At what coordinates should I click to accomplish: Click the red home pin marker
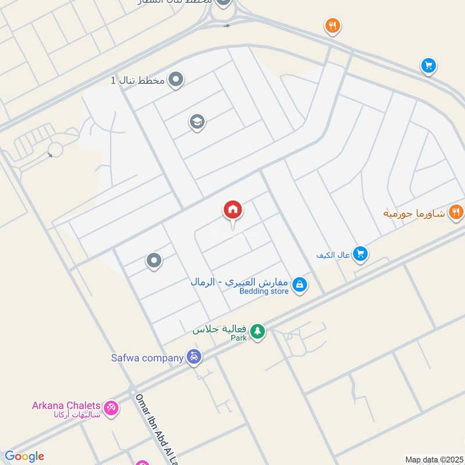tap(233, 210)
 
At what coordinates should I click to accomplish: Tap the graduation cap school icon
tap(197, 122)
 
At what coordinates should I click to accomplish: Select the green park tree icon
tap(257, 332)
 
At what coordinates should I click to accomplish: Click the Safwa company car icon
tap(194, 357)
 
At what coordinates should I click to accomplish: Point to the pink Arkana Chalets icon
tap(111, 407)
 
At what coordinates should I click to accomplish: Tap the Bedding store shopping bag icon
tap(299, 285)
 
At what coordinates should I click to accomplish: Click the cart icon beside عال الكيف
tap(360, 254)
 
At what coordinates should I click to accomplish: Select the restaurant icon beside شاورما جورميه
tap(456, 212)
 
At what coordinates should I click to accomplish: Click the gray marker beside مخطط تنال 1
tap(176, 80)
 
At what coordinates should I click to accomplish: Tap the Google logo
tap(24, 456)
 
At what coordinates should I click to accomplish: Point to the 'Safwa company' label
tap(148, 357)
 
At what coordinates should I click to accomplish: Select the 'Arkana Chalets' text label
tap(66, 405)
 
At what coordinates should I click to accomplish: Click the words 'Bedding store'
tap(264, 291)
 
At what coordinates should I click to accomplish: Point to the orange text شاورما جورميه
tap(414, 213)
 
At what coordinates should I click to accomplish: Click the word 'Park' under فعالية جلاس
tap(238, 338)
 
